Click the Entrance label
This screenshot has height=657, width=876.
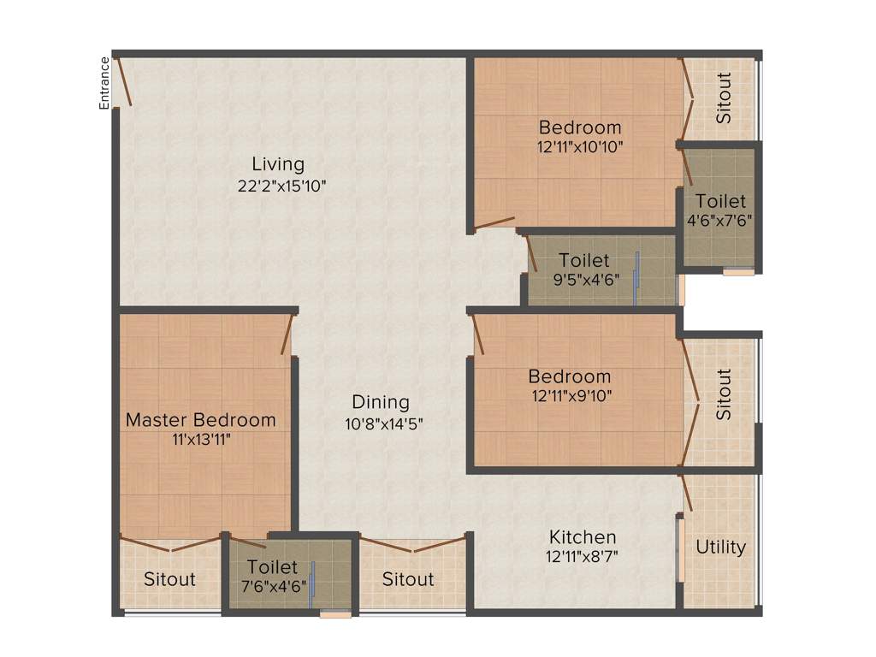click(104, 83)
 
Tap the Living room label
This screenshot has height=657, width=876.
click(278, 163)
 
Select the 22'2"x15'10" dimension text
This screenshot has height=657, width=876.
click(283, 185)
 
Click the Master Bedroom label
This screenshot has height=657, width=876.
click(201, 420)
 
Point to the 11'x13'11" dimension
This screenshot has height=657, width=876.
click(201, 440)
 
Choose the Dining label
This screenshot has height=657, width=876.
click(381, 402)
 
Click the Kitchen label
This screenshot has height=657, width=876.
click(583, 537)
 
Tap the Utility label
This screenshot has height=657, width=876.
click(720, 547)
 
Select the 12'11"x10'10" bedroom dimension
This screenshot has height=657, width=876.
click(580, 146)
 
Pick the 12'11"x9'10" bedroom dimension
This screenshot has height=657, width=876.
click(570, 395)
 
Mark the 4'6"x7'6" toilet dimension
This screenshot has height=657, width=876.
click(719, 220)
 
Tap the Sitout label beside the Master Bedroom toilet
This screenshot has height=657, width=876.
click(169, 579)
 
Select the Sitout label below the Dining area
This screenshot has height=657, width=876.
click(408, 579)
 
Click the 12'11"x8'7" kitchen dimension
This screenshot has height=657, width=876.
click(583, 556)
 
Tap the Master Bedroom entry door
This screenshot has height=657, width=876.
click(286, 335)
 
